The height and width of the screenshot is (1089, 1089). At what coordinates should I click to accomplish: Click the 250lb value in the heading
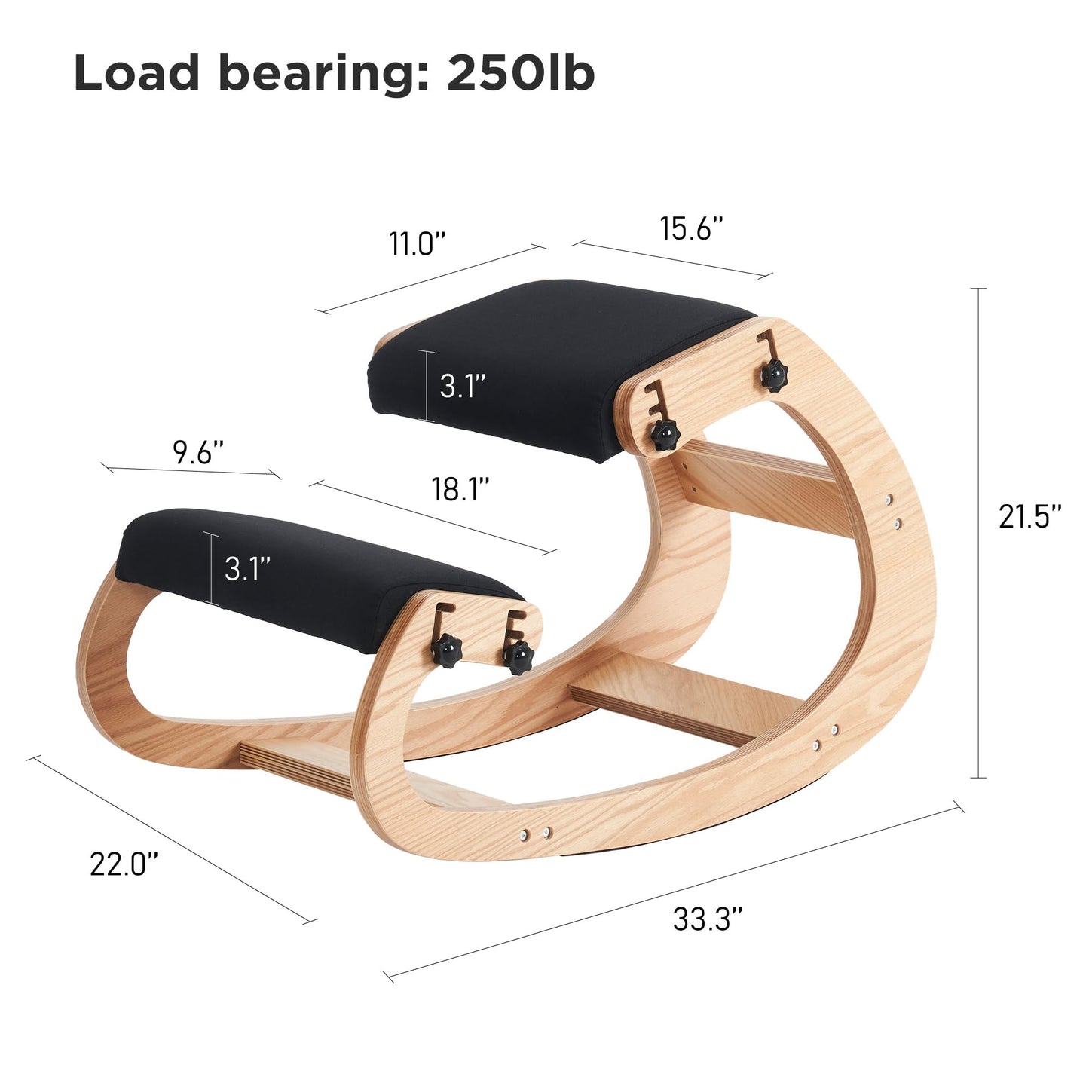[521, 72]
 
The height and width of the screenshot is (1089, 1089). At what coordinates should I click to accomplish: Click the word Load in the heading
[136, 72]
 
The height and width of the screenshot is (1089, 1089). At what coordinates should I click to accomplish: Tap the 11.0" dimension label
[418, 243]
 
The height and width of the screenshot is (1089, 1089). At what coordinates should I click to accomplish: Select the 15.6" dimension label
[691, 228]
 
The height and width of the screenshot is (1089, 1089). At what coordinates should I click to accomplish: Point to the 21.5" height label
[1029, 516]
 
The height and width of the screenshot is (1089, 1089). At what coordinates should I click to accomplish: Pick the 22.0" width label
[124, 864]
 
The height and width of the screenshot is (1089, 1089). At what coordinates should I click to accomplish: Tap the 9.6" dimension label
[197, 452]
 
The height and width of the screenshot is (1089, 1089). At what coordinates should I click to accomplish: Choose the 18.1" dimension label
[460, 489]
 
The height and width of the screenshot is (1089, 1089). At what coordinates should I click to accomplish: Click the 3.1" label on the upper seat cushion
[463, 386]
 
